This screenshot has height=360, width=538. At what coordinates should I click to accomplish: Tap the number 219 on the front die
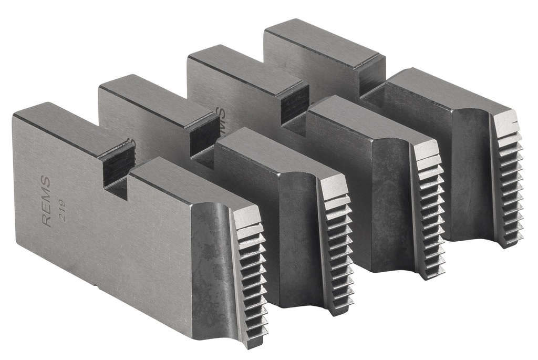(62, 209)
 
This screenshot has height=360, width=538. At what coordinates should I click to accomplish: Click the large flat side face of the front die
(105, 247)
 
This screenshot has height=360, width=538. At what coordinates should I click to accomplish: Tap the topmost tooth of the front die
(247, 215)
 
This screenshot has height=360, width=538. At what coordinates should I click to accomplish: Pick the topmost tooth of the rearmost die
(505, 119)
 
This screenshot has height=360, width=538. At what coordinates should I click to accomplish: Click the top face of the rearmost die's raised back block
(320, 42)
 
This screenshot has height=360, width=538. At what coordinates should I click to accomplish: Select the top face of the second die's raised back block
(158, 100)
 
